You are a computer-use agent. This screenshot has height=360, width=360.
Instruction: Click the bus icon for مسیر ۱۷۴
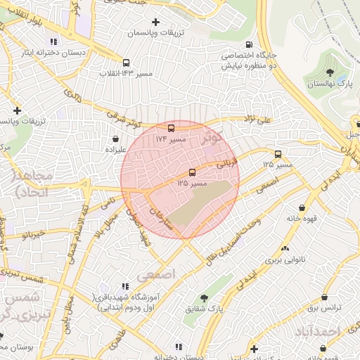tap(171, 128)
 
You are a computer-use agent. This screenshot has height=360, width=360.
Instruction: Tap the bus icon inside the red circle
tap(192, 172)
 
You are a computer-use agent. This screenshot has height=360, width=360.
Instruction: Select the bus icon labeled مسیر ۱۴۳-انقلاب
tap(126, 62)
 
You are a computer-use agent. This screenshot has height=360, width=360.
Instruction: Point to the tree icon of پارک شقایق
tap(205, 298)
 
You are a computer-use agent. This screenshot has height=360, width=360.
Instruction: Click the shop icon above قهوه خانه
tap(302, 207)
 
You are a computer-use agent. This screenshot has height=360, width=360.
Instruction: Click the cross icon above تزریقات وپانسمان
tap(155, 22)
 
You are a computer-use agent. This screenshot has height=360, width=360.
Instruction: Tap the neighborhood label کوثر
tap(211, 138)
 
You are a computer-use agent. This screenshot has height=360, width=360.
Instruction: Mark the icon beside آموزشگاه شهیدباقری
tap(124, 286)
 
